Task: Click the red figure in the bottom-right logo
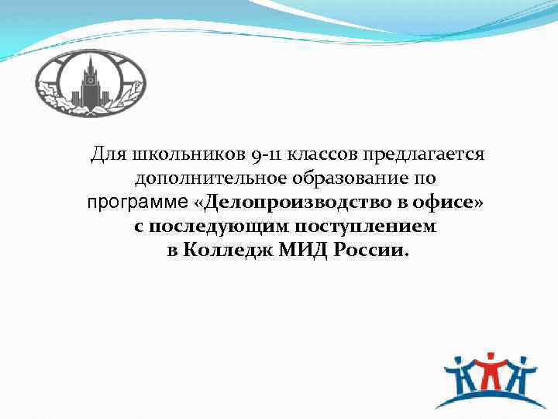pyautogui.click(x=489, y=371)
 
